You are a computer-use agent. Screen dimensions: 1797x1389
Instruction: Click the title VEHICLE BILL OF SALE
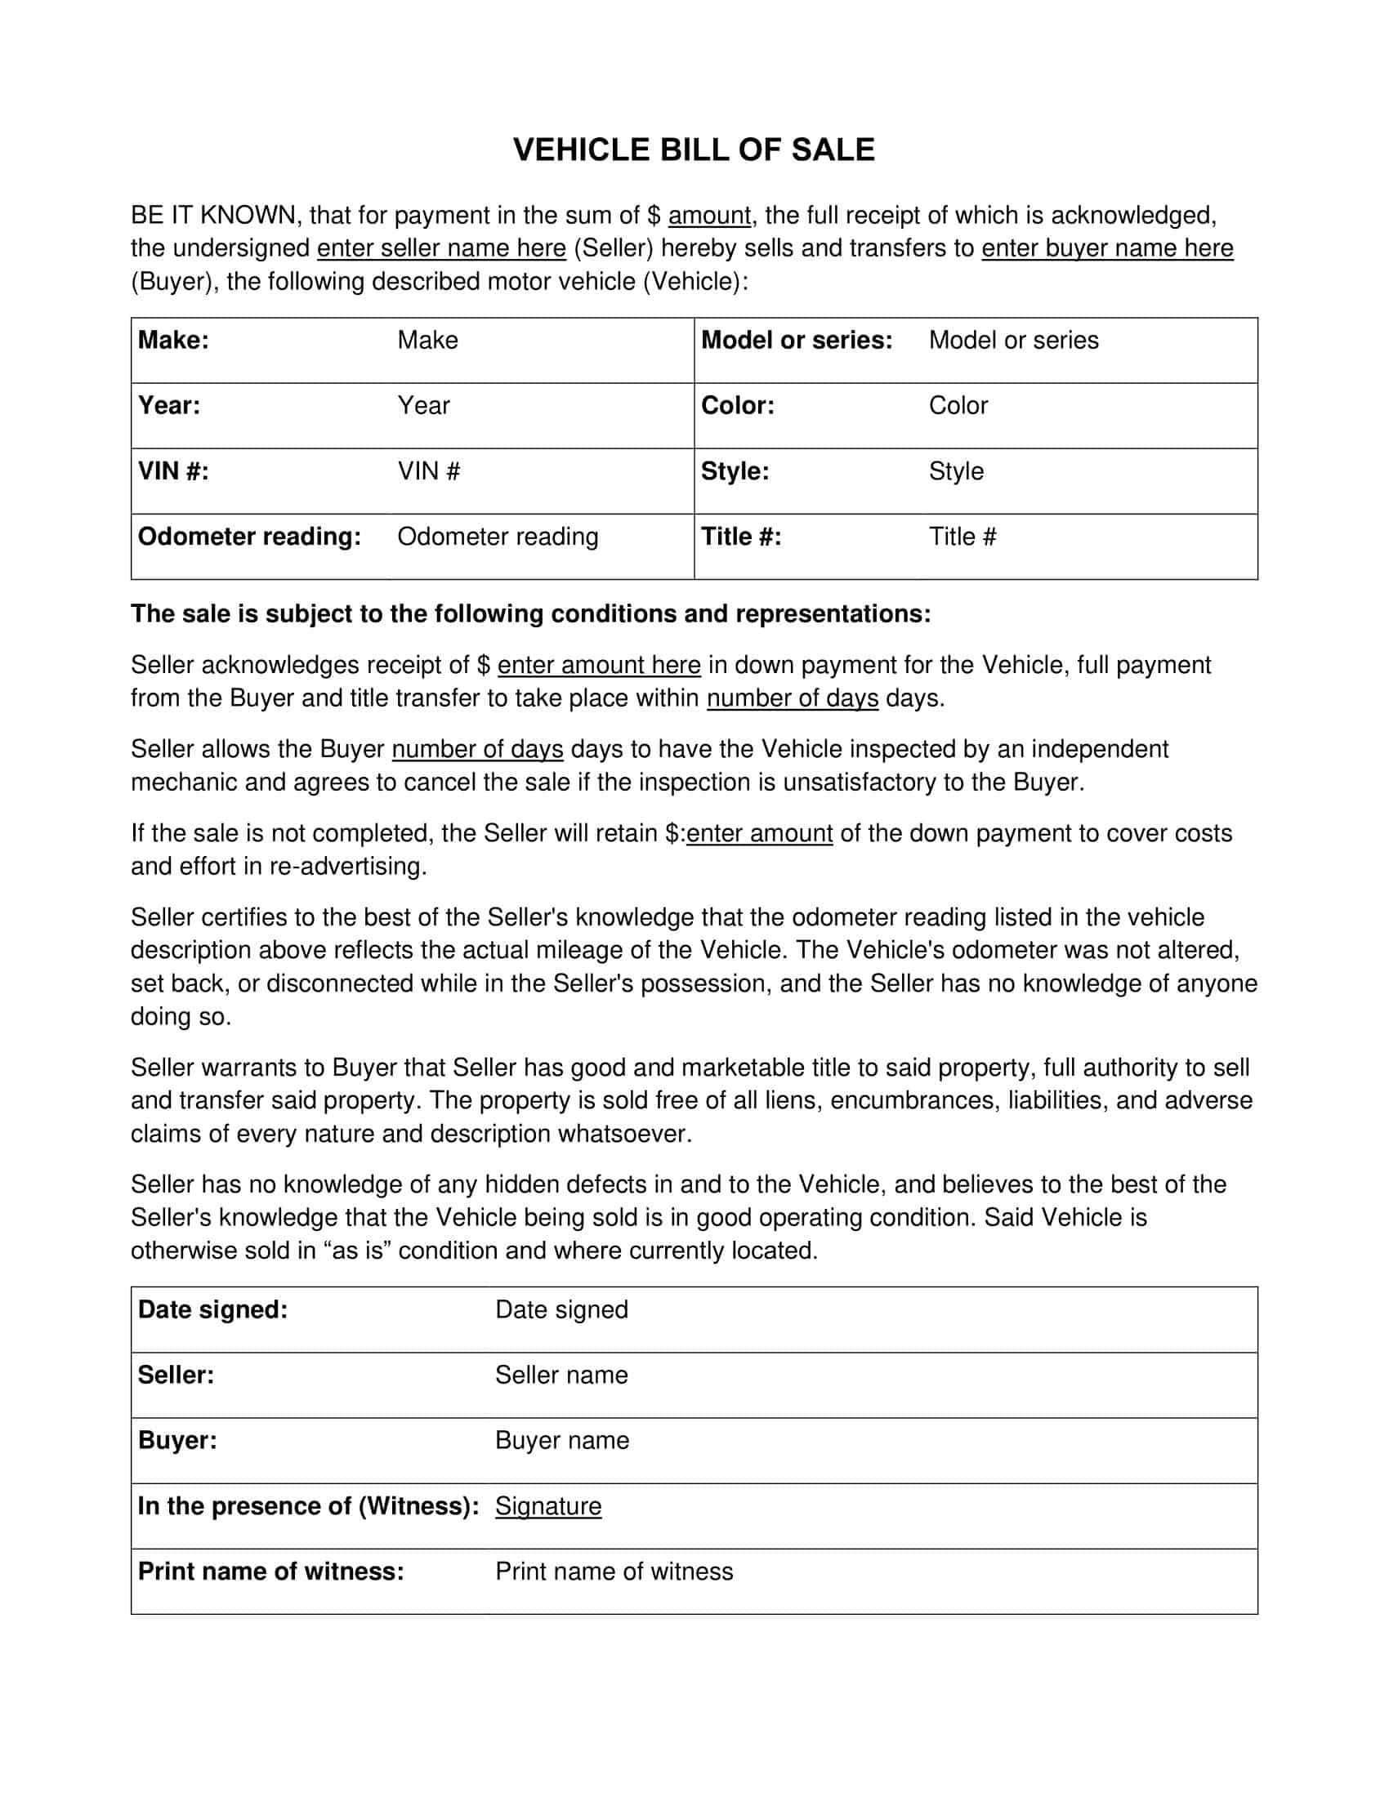(x=694, y=149)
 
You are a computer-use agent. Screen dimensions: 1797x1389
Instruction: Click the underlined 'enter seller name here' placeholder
(x=441, y=247)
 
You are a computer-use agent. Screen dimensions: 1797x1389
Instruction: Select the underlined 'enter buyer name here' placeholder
(x=1107, y=247)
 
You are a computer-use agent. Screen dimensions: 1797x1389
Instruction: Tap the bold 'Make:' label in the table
(x=173, y=340)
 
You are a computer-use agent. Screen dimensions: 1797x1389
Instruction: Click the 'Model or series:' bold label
(x=796, y=340)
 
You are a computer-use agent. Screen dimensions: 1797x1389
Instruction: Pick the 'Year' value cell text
(x=423, y=406)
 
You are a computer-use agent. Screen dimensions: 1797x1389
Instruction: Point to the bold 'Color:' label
(x=737, y=406)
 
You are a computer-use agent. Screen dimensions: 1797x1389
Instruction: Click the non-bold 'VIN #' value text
(x=429, y=471)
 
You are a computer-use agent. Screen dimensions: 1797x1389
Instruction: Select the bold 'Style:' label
(x=735, y=471)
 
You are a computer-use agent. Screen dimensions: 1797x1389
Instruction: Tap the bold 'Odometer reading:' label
(x=249, y=537)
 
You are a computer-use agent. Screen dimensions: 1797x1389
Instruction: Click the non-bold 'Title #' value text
(x=962, y=537)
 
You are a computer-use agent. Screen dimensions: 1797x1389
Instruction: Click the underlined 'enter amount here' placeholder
(x=598, y=665)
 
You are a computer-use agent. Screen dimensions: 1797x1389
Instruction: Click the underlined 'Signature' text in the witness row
(x=548, y=1505)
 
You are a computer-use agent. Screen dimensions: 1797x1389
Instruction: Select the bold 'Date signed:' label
(x=213, y=1309)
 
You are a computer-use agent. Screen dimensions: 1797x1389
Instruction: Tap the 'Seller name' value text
(x=561, y=1375)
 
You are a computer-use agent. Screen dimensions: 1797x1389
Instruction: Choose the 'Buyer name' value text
(x=562, y=1440)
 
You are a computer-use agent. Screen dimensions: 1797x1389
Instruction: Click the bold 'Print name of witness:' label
(x=270, y=1571)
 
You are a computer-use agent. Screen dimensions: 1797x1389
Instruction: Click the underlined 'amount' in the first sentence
(x=708, y=216)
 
